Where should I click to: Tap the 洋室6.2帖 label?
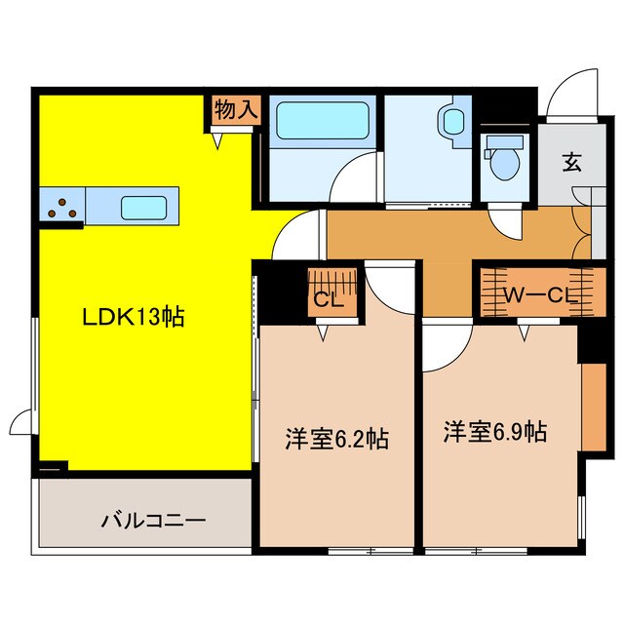pyautogui.click(x=335, y=439)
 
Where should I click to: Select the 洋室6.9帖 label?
pyautogui.click(x=494, y=432)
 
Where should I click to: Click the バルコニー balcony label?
pyautogui.click(x=154, y=520)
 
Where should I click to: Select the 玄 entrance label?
pyautogui.click(x=570, y=163)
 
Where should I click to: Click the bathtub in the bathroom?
pyautogui.click(x=317, y=123)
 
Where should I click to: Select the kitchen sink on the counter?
pyautogui.click(x=142, y=207)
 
